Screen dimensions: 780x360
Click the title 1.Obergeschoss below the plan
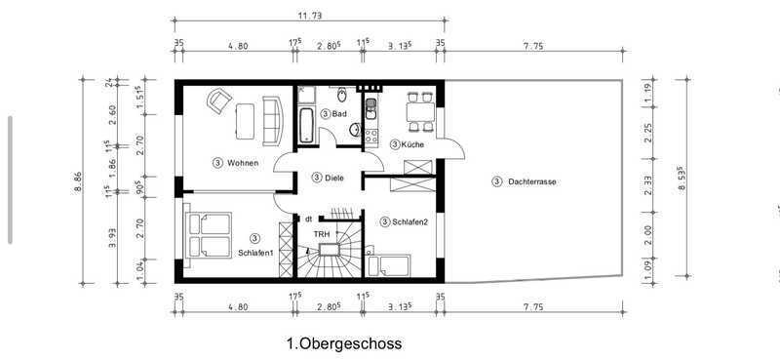(x=344, y=343)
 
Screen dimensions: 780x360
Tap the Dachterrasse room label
(x=531, y=182)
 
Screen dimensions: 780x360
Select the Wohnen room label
(x=243, y=162)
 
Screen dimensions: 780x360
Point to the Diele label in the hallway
(x=334, y=178)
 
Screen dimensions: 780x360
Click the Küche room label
(x=412, y=145)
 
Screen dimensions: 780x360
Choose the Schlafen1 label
(x=255, y=253)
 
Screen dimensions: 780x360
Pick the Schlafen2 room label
(x=409, y=222)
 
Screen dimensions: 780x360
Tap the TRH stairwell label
(x=319, y=233)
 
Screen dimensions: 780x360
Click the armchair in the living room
(x=218, y=100)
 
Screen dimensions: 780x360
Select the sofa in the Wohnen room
(x=273, y=121)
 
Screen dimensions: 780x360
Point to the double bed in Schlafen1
(x=209, y=234)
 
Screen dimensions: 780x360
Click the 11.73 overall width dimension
(x=310, y=16)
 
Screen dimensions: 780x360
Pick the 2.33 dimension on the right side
(x=647, y=185)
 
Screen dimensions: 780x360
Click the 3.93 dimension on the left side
(x=113, y=237)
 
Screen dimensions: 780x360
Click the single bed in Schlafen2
(x=388, y=265)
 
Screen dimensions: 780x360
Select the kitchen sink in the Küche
(x=370, y=109)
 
